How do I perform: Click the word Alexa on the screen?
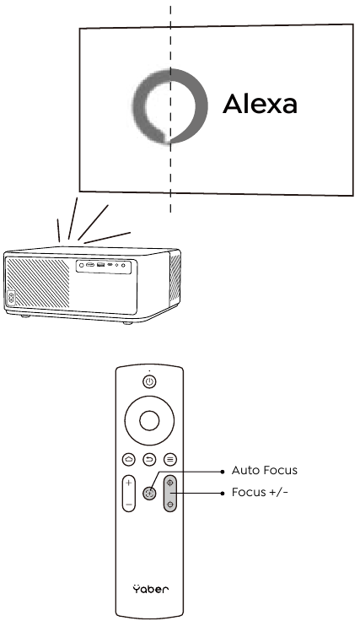coord(260,104)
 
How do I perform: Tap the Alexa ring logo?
coord(200,106)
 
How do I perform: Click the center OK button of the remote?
coord(149,420)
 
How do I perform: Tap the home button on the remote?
coord(129,459)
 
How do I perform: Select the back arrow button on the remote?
coord(149,459)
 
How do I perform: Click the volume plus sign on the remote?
coord(128,483)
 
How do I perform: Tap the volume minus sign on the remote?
coord(128,505)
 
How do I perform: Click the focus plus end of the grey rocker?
coord(170,483)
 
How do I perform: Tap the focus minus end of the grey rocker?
coord(170,505)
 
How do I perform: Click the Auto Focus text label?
coord(264,471)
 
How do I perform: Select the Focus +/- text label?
coord(260,492)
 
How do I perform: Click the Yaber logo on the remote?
coord(151,589)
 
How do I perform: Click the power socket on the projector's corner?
coord(11,298)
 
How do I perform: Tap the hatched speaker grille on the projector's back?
coord(39,283)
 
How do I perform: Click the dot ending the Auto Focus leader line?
coord(223,472)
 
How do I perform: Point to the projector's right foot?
coord(127,323)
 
